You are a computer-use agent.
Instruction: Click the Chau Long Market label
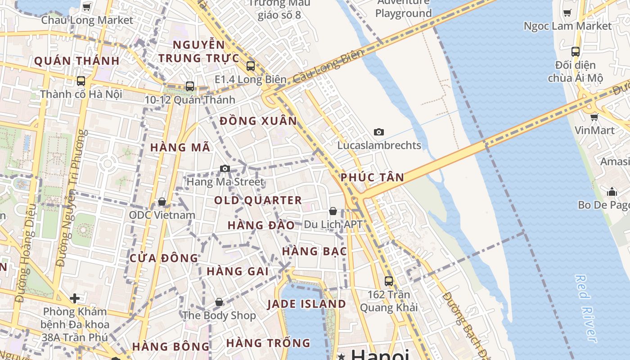(87, 20)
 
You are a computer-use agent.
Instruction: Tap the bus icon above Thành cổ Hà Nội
(81, 81)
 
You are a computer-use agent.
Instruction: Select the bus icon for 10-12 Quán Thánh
(190, 86)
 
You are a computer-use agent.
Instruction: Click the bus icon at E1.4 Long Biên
(251, 66)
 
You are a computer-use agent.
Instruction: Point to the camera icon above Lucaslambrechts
(379, 132)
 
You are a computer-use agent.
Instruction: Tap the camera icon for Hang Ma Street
(225, 169)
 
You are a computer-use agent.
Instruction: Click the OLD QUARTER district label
(258, 200)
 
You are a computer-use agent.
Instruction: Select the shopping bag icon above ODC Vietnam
(162, 202)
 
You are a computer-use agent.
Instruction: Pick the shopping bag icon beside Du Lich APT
(333, 211)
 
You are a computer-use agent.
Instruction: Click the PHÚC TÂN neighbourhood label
(372, 177)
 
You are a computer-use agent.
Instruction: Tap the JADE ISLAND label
(306, 304)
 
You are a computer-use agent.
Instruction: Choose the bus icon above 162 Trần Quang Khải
(389, 281)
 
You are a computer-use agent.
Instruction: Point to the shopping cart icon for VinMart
(594, 117)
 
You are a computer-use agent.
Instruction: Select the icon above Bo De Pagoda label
(612, 192)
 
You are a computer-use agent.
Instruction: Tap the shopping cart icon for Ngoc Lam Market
(567, 13)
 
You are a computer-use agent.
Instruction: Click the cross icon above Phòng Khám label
(75, 298)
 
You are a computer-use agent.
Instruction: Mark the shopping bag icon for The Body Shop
(219, 302)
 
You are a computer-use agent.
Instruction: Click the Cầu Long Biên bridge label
(328, 67)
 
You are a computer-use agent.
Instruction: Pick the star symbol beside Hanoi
(342, 357)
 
